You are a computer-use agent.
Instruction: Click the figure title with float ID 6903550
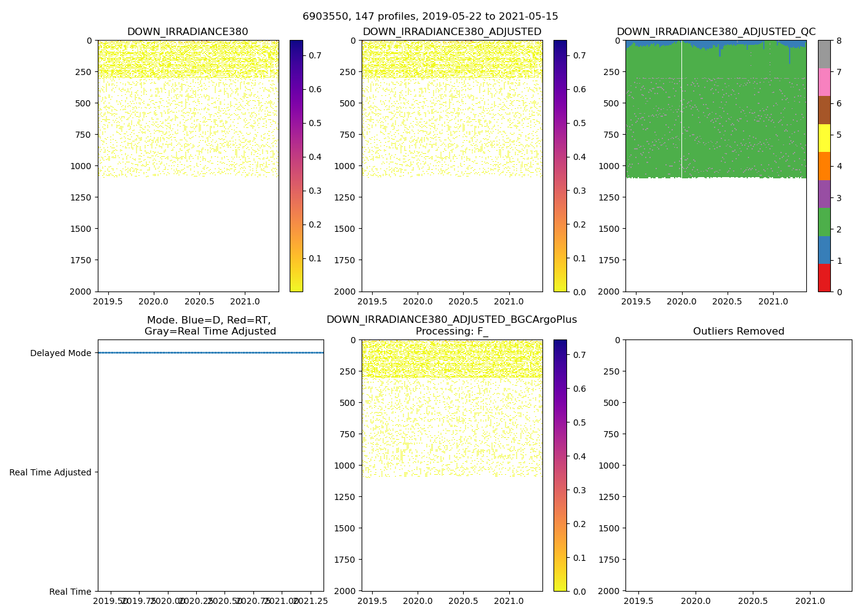click(x=430, y=17)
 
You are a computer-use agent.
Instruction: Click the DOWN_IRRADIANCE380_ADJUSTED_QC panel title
click(x=716, y=32)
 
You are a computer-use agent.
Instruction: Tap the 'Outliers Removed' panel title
click(x=738, y=331)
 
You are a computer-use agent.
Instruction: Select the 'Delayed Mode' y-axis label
click(x=60, y=353)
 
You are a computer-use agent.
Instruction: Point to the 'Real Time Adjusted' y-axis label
click(x=50, y=472)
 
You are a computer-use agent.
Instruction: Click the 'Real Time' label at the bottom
click(x=70, y=592)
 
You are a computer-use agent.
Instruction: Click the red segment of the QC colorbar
click(x=824, y=277)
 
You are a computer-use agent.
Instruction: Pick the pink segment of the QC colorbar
click(x=824, y=82)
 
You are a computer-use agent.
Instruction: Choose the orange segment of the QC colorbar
click(x=824, y=166)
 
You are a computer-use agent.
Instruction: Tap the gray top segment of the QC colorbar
click(x=824, y=54)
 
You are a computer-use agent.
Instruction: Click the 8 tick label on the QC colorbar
click(x=839, y=41)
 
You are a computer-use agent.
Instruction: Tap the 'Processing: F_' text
click(x=451, y=331)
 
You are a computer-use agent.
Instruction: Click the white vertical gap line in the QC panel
click(x=681, y=111)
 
